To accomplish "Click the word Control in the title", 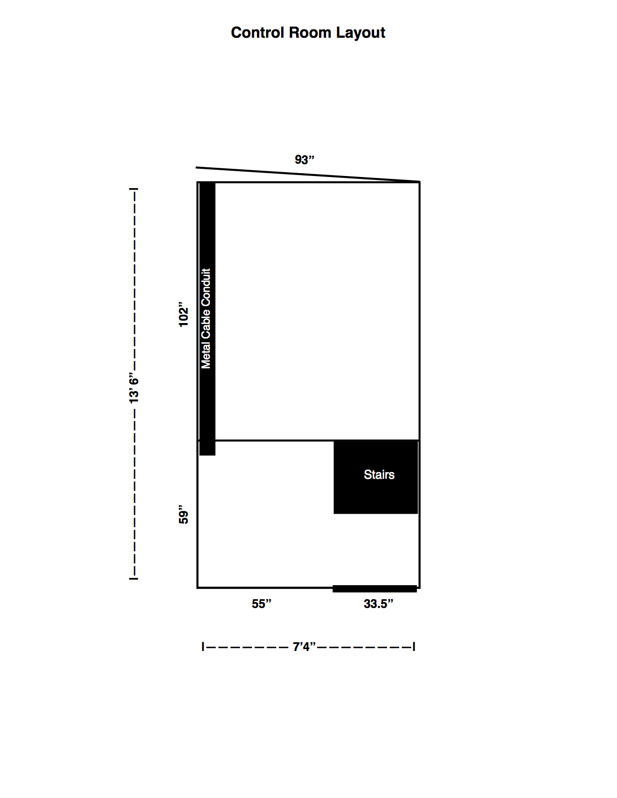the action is click(258, 33).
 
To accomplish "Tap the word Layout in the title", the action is click(361, 33).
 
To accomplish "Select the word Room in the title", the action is click(310, 33).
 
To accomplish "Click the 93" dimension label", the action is click(305, 160).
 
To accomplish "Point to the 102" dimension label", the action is click(183, 314).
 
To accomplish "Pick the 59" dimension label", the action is click(183, 515).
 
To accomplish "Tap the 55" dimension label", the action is click(262, 604).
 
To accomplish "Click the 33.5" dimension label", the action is click(378, 604).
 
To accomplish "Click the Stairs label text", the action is click(379, 474).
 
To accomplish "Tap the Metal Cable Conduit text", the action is click(206, 318).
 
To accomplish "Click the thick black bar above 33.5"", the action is click(375, 589).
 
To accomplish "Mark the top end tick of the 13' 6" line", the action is click(134, 189).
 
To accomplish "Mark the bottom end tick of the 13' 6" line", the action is click(134, 579).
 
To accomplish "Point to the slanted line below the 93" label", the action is click(308, 175).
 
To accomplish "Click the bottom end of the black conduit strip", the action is click(207, 455).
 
